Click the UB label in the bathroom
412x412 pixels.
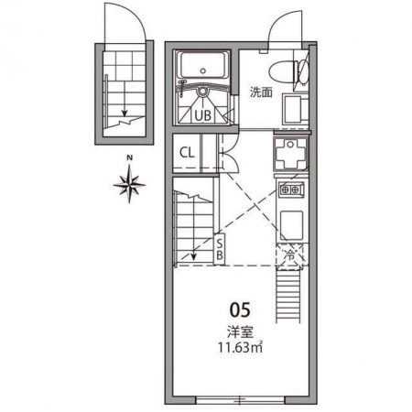click(x=203, y=115)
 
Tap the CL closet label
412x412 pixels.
click(x=187, y=153)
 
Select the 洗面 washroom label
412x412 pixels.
click(x=261, y=92)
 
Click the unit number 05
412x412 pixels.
click(x=240, y=310)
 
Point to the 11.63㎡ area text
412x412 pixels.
click(x=240, y=348)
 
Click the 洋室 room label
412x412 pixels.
click(x=240, y=332)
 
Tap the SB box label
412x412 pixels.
click(x=220, y=249)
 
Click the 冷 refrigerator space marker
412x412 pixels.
click(x=290, y=256)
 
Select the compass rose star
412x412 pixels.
click(x=129, y=184)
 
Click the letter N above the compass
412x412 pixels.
click(x=130, y=157)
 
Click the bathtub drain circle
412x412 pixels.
click(x=203, y=70)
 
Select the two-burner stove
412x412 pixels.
click(x=291, y=190)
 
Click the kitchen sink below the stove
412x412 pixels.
click(x=291, y=225)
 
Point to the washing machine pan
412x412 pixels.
click(x=291, y=154)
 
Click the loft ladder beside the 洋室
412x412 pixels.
click(x=288, y=296)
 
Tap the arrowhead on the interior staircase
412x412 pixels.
click(x=193, y=257)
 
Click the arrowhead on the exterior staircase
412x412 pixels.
click(x=125, y=114)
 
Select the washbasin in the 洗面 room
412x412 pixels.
click(x=295, y=109)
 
